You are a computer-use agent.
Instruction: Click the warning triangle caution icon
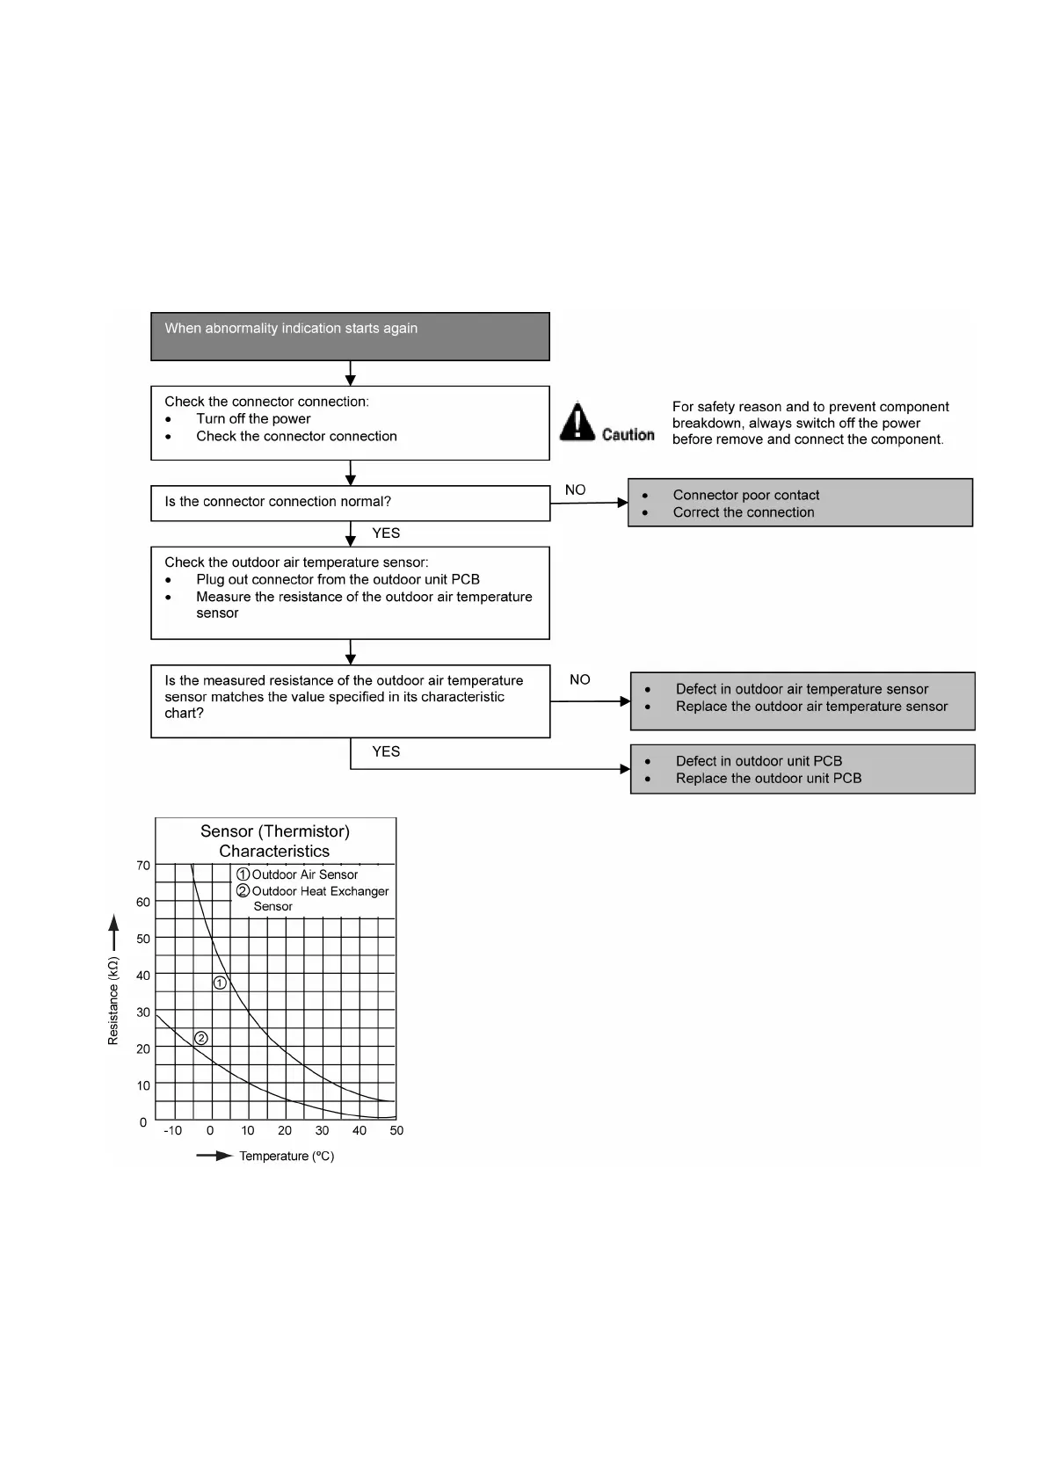577,422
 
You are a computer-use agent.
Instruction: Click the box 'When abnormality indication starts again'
350,336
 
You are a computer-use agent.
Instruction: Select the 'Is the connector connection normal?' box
350,503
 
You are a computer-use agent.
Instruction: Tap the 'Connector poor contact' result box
800,503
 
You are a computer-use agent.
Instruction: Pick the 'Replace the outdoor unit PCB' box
802,769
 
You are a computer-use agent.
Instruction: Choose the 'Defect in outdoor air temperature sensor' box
802,700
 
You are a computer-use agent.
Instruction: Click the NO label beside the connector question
575,490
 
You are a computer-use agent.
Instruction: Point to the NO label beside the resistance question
579,679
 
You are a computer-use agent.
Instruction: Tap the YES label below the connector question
386,533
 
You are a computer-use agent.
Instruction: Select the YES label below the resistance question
386,751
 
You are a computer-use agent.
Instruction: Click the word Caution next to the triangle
628,434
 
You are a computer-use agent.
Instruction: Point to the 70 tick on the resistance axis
143,866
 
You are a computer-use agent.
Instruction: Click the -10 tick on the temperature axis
172,1130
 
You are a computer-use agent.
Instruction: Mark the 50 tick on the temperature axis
396,1130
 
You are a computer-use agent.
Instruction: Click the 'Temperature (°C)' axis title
287,1156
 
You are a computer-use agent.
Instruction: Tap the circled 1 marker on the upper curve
220,983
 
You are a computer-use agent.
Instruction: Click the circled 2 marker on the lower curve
200,1038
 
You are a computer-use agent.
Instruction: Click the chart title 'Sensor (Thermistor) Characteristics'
275,841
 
